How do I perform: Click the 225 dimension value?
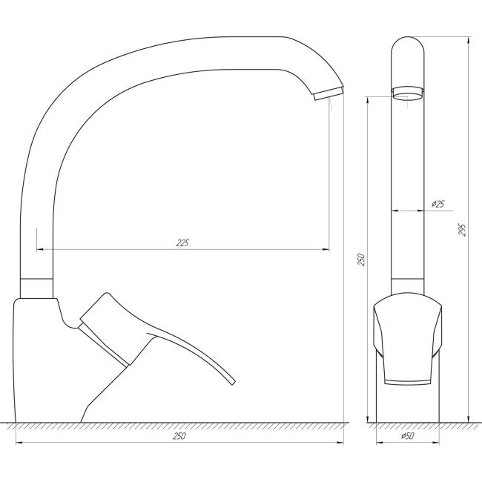coord(183,243)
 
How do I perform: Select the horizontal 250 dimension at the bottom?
coord(179,437)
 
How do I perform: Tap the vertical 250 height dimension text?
coord(362,260)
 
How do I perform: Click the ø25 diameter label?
coord(438,204)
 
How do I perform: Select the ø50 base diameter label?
coord(407,437)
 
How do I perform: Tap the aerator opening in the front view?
coord(408,93)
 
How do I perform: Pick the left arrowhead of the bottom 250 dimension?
coord(19,443)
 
